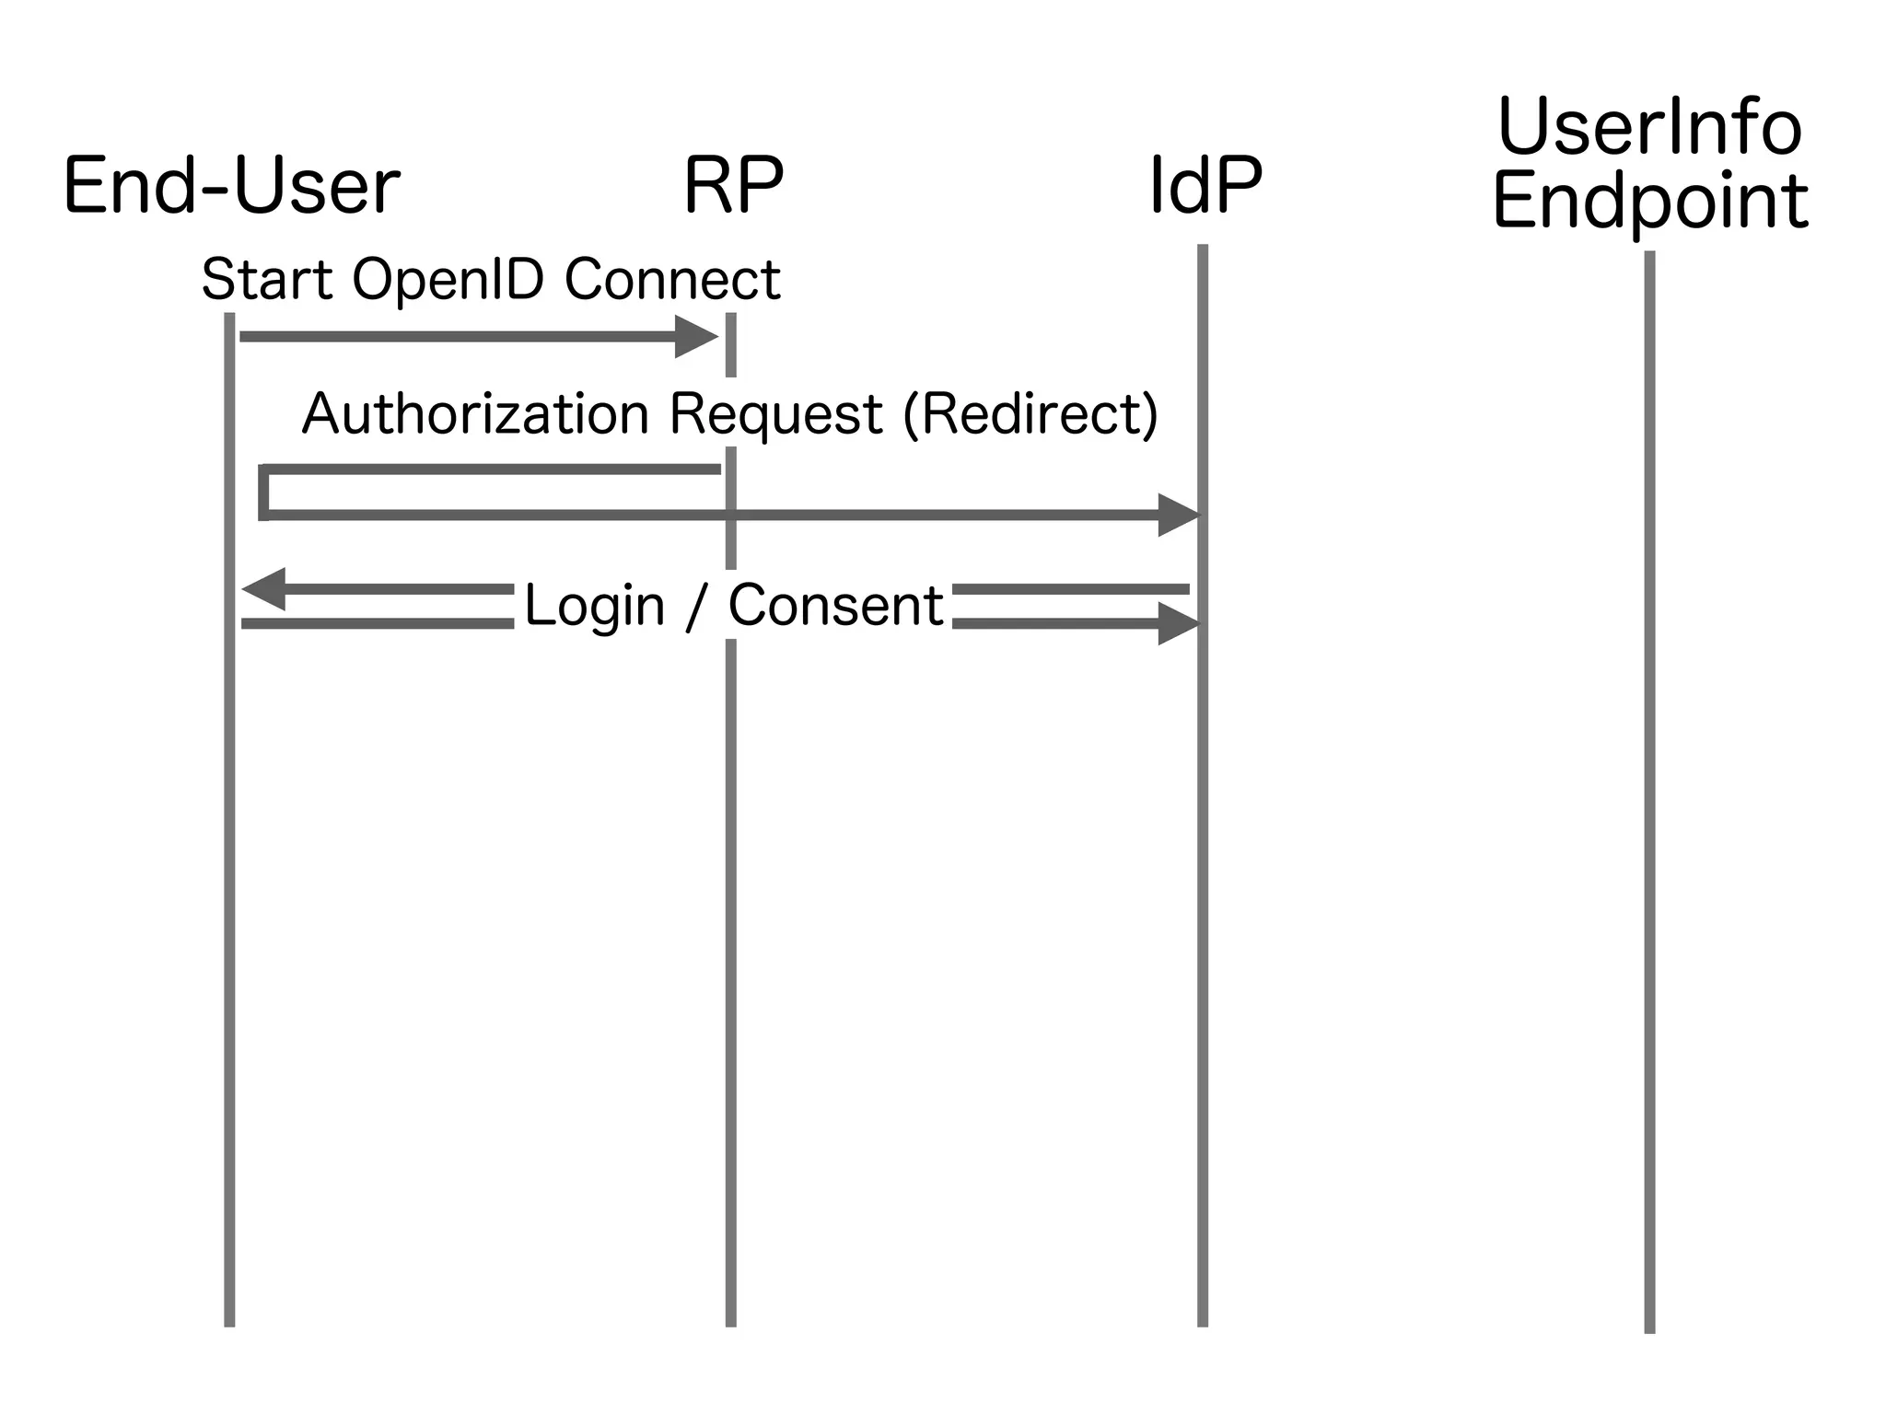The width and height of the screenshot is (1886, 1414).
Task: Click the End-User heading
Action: point(231,187)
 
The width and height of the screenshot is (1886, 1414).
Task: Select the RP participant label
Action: point(733,187)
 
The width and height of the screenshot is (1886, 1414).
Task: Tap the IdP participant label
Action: point(1205,187)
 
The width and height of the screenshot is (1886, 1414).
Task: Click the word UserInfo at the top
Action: point(1649,129)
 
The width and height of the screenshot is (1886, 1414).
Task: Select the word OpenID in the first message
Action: point(448,281)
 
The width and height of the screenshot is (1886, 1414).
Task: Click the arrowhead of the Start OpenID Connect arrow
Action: point(697,337)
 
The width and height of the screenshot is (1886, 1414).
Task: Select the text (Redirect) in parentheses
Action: point(1030,414)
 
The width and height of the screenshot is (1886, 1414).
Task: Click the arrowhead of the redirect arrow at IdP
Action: point(1180,516)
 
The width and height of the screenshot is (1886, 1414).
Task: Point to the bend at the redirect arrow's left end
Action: point(264,493)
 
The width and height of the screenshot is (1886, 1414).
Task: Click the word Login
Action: point(594,608)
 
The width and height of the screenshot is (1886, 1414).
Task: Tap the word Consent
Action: point(835,606)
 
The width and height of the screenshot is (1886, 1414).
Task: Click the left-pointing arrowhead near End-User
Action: point(263,589)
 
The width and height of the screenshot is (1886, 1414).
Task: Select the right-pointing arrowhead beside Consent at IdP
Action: point(1179,624)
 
